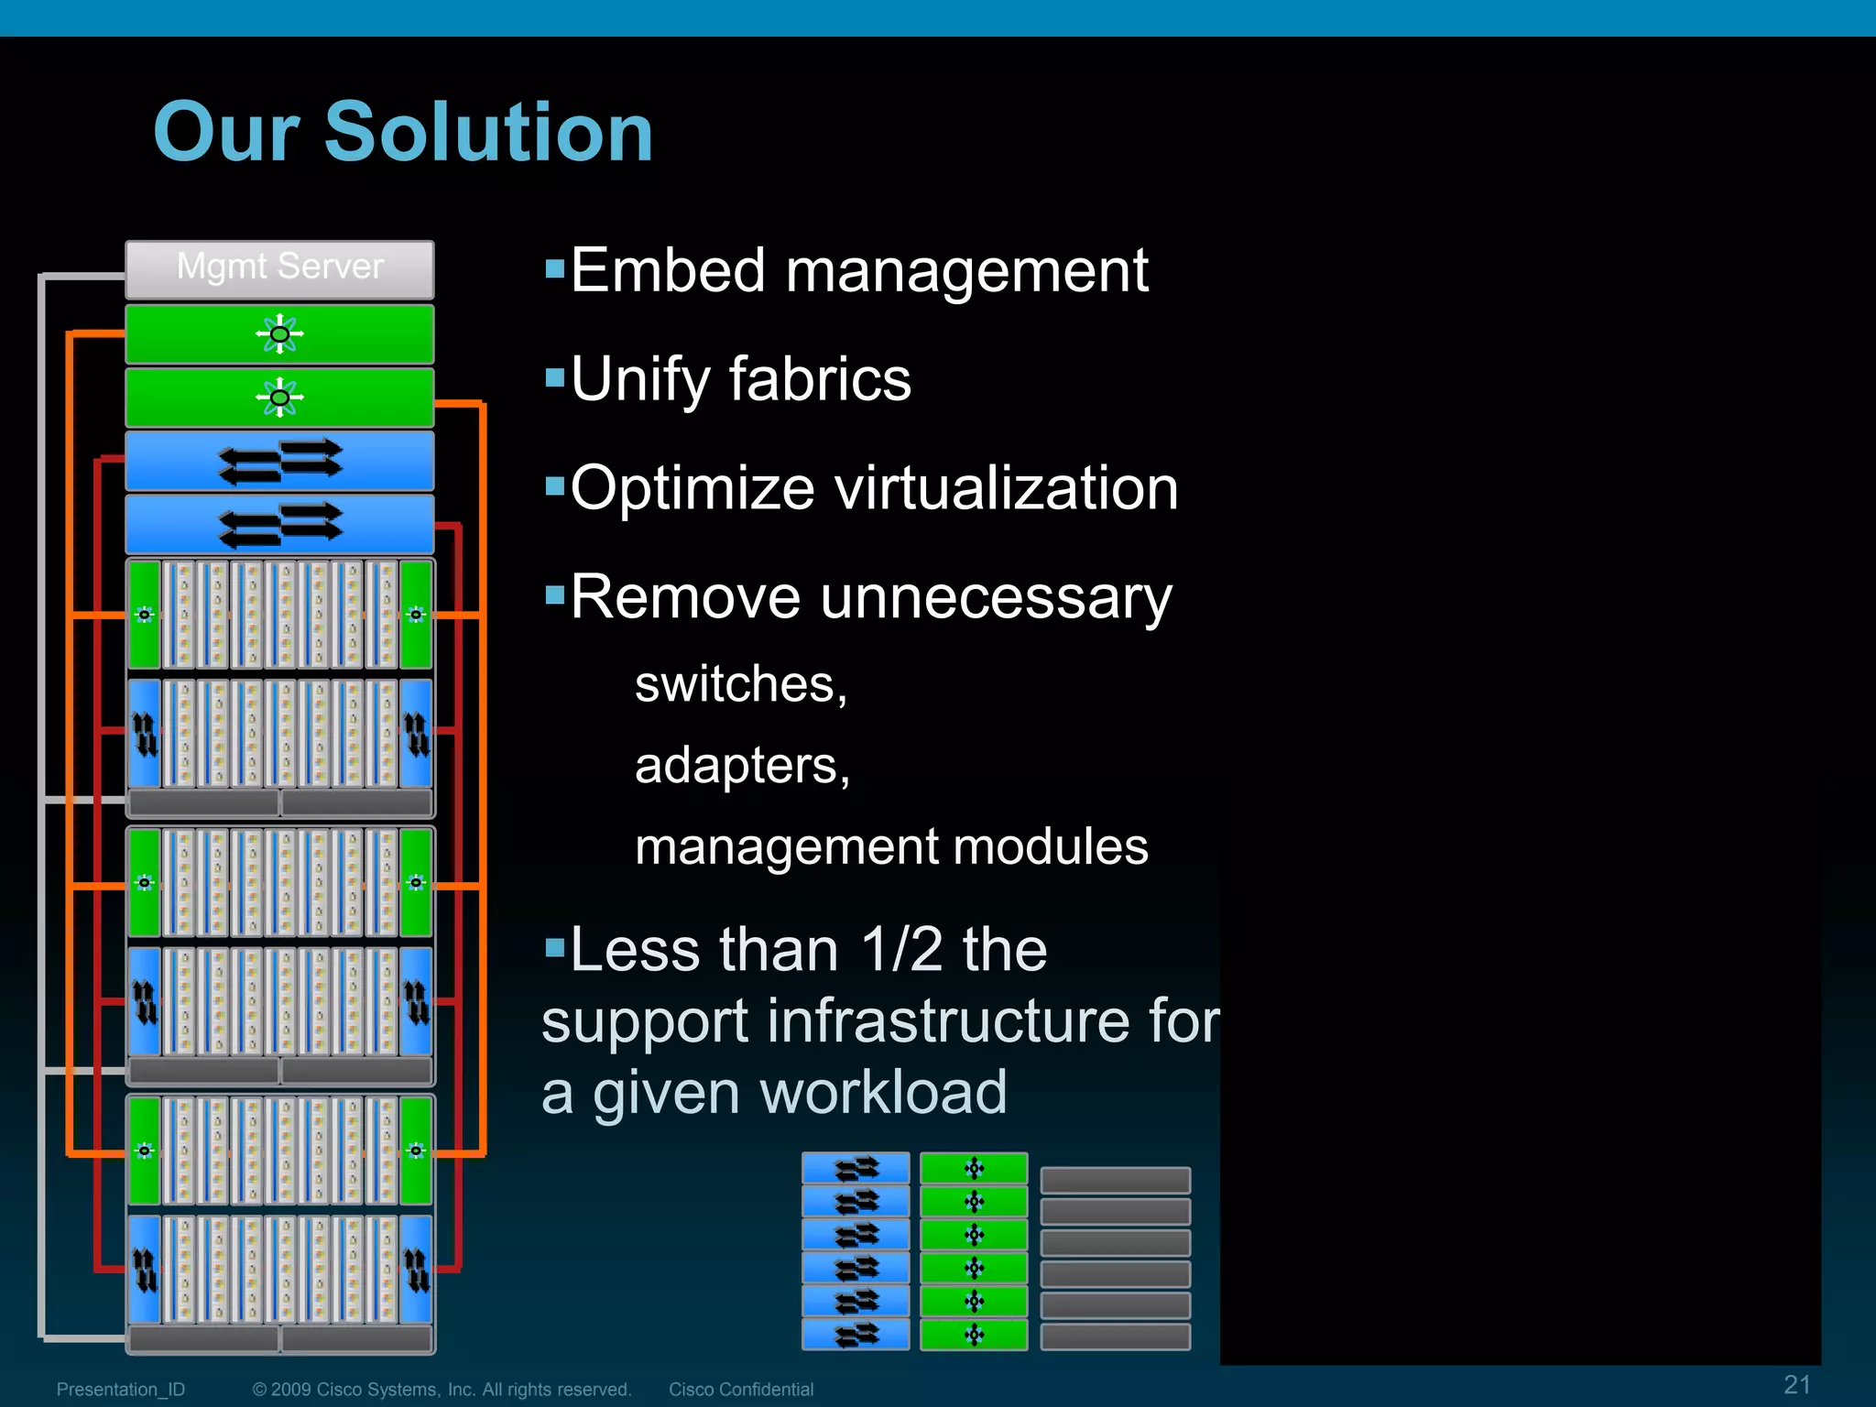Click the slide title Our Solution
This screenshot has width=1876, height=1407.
click(x=403, y=132)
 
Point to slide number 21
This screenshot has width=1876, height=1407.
click(x=1796, y=1384)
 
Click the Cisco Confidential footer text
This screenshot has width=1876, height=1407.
click(x=740, y=1390)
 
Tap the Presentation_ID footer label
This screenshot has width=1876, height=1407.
click(x=121, y=1390)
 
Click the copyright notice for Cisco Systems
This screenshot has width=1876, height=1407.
click(x=442, y=1390)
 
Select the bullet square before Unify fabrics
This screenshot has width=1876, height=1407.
click(x=554, y=377)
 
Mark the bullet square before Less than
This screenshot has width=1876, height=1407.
click(x=554, y=945)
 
